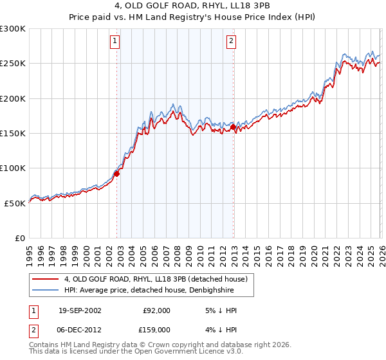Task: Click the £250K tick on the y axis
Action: point(13,64)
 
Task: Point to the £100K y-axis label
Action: point(13,168)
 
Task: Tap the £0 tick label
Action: point(20,238)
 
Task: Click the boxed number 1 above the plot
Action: point(115,42)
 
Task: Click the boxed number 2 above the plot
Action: point(231,42)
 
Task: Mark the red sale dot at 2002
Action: point(117,173)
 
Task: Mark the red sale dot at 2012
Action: point(233,127)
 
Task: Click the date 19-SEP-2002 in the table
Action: point(80,310)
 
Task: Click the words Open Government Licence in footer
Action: point(190,353)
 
